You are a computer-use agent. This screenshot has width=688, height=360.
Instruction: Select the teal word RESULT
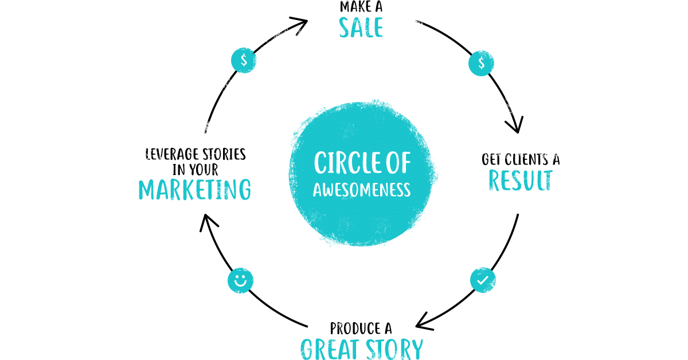click(520, 180)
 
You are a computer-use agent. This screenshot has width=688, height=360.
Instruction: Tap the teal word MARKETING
click(195, 190)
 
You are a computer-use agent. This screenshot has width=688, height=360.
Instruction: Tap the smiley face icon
click(241, 281)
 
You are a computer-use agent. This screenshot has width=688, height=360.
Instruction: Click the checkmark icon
click(483, 280)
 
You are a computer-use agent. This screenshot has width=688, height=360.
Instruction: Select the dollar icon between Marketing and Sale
click(244, 60)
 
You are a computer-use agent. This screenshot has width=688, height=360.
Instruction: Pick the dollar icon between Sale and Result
click(481, 64)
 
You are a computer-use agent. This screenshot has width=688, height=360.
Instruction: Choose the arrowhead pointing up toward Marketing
click(206, 222)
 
